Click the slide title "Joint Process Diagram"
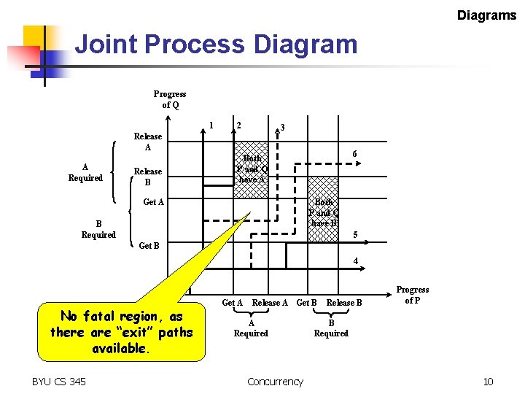pos(217,45)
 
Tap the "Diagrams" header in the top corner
pos(486,15)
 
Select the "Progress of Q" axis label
pos(169,99)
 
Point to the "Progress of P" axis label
pos(412,295)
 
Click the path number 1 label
pos(211,124)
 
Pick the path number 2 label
pos(238,124)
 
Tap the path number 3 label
pos(283,128)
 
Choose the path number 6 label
pos(354,154)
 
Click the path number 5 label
pos(355,235)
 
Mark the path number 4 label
pos(355,260)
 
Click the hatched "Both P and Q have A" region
pos(252,169)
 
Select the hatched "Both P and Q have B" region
pos(323,212)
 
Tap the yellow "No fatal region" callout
pos(121,332)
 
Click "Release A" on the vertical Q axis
pos(148,142)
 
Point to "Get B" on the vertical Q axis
pos(149,246)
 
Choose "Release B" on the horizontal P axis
pos(344,303)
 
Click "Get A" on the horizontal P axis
pos(232,303)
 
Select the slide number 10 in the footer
pos(488,381)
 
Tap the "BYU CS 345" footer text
pos(59,381)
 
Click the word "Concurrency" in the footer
pos(275,381)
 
